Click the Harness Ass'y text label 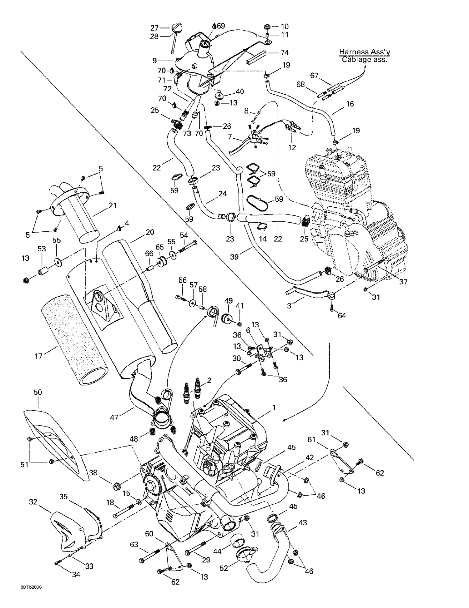(x=365, y=52)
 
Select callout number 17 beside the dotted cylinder (x=38, y=356)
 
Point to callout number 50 (x=38, y=392)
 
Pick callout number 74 (x=284, y=52)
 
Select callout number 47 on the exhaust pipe (x=114, y=417)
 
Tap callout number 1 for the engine (x=274, y=408)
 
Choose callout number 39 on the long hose (x=234, y=257)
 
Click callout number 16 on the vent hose (x=350, y=104)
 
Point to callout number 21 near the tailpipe (x=113, y=205)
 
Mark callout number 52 (x=224, y=568)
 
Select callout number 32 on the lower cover (x=33, y=502)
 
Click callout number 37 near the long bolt (x=403, y=282)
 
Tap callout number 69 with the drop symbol (x=221, y=26)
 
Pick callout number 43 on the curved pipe (x=303, y=522)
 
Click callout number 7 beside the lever (x=229, y=137)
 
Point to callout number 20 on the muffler (x=150, y=232)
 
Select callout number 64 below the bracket (x=342, y=316)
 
